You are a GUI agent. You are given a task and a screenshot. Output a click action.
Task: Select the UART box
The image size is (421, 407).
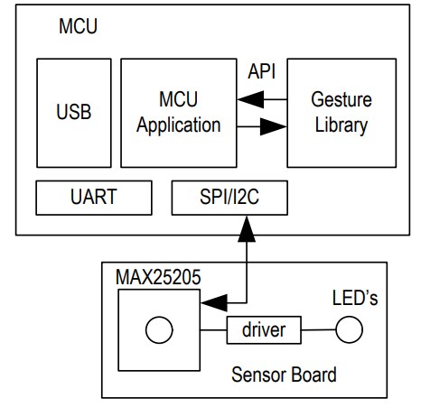click(x=94, y=198)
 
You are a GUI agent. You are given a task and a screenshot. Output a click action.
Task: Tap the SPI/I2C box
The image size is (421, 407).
click(x=229, y=198)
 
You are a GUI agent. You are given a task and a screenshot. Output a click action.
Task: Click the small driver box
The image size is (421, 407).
click(x=263, y=330)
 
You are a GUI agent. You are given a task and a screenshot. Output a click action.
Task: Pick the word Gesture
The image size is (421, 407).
click(x=340, y=97)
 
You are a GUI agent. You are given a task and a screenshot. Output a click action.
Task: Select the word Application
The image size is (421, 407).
click(x=178, y=125)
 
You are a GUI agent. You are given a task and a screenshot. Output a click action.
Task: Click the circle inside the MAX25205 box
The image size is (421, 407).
click(x=160, y=331)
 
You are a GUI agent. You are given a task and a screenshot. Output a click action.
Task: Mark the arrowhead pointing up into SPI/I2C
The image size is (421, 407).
click(x=244, y=227)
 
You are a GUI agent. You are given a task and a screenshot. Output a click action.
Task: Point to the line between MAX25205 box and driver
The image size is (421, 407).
click(x=213, y=331)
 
